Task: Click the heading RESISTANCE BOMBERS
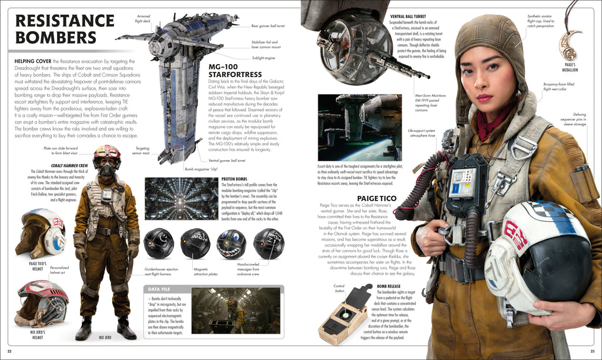[x=55, y=29]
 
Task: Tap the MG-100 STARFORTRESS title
[x=235, y=70]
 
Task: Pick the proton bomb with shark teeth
[x=231, y=244]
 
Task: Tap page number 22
[x=9, y=351]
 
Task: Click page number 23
[x=592, y=351]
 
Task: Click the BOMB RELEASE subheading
[x=389, y=285]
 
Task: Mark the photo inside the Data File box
[x=235, y=311]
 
